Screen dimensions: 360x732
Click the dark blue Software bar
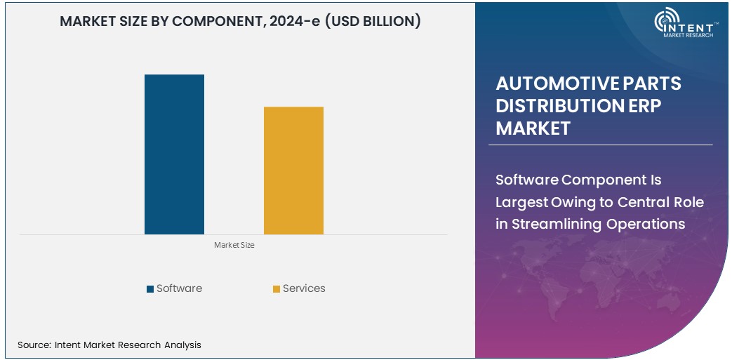coord(174,154)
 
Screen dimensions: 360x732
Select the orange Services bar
coord(293,171)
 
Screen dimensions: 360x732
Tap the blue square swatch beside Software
coord(150,289)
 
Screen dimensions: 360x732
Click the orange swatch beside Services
coord(277,289)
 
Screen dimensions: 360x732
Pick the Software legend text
coord(179,288)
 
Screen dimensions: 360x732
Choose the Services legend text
coord(304,288)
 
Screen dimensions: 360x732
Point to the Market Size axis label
coord(234,246)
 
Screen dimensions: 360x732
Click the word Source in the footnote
coord(33,345)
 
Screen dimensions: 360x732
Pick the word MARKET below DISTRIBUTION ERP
coord(533,128)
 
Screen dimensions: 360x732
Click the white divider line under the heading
coord(600,145)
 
